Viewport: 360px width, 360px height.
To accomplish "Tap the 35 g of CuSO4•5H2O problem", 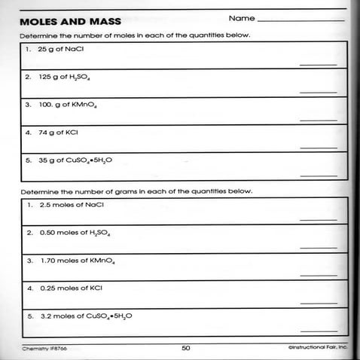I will click(73, 160).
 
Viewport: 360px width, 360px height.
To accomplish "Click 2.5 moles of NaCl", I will click(64, 204).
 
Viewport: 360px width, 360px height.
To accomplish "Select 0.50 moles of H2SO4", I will click(69, 233).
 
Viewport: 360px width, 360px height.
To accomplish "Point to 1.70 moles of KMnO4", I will click(73, 261).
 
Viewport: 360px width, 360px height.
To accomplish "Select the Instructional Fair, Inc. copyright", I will click(317, 348).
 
